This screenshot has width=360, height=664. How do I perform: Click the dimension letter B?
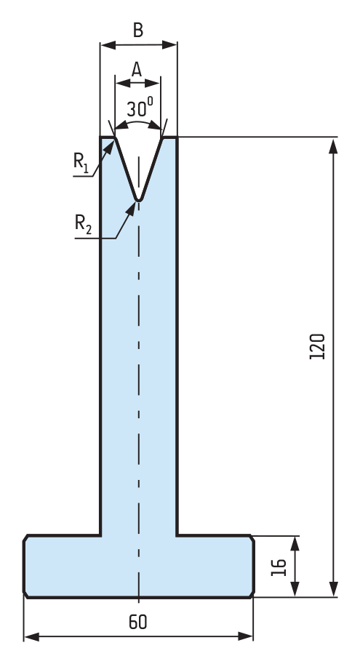tap(138, 31)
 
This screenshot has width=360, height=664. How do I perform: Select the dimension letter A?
tap(137, 69)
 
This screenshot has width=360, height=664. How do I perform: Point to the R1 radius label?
tap(81, 163)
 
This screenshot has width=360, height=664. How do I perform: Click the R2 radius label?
tap(83, 223)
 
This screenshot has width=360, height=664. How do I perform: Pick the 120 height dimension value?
tap(317, 346)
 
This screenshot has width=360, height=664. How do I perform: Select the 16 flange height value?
tap(279, 567)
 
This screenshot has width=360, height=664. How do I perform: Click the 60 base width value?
tap(138, 622)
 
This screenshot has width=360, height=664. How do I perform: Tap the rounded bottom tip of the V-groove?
tap(138, 200)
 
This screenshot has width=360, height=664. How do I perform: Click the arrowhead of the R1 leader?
tap(109, 147)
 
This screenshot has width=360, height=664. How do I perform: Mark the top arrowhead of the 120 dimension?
tap(333, 145)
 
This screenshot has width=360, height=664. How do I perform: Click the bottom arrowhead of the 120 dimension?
tap(333, 588)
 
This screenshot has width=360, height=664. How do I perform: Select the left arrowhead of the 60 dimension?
tap(32, 636)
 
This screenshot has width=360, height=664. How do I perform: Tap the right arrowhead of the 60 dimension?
tap(245, 636)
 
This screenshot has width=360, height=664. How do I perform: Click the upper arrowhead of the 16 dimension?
tap(295, 544)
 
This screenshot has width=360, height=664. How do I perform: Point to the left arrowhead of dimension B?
tap(108, 45)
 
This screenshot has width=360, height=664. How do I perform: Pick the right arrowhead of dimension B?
tap(169, 45)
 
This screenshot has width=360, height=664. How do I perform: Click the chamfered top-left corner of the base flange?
tap(26, 537)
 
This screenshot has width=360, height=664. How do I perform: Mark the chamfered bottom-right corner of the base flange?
tap(252, 595)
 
